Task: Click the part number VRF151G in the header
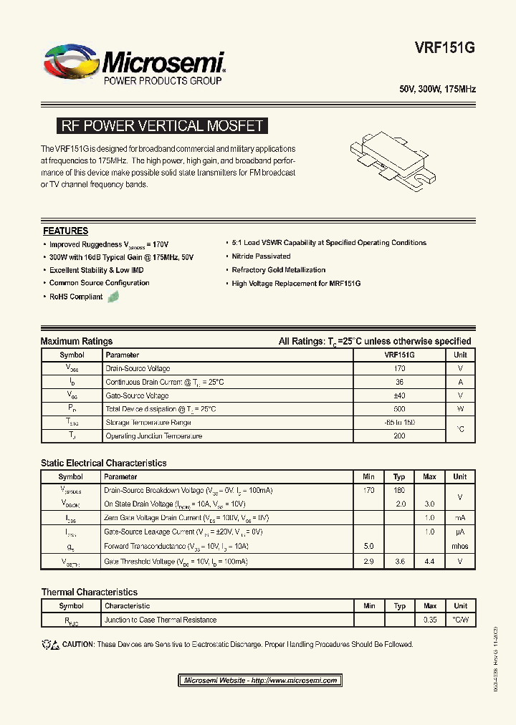coord(444,48)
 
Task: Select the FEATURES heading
coord(65,231)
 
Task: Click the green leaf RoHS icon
coord(113,297)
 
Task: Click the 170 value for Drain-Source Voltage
coord(399,368)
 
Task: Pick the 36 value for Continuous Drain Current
coord(399,382)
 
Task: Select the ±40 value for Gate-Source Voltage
coord(399,395)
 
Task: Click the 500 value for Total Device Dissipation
coord(399,409)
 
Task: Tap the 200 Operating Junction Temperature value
coord(399,436)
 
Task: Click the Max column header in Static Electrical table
coord(429,476)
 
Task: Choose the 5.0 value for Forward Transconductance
coord(369,546)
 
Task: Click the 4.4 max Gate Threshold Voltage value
coord(429,562)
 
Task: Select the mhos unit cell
coord(460,546)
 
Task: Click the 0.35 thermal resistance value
coord(430,620)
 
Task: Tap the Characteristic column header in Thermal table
coord(128,606)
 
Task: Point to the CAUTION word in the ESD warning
coord(78,645)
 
